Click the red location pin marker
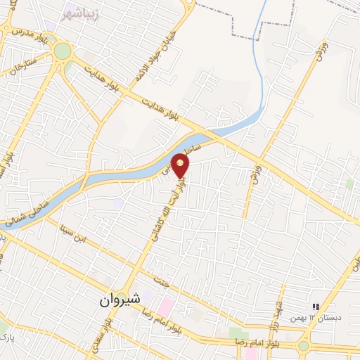(181, 167)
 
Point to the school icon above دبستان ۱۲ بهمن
(316, 307)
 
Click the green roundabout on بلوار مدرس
(63, 51)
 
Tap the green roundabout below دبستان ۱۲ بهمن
(304, 346)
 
